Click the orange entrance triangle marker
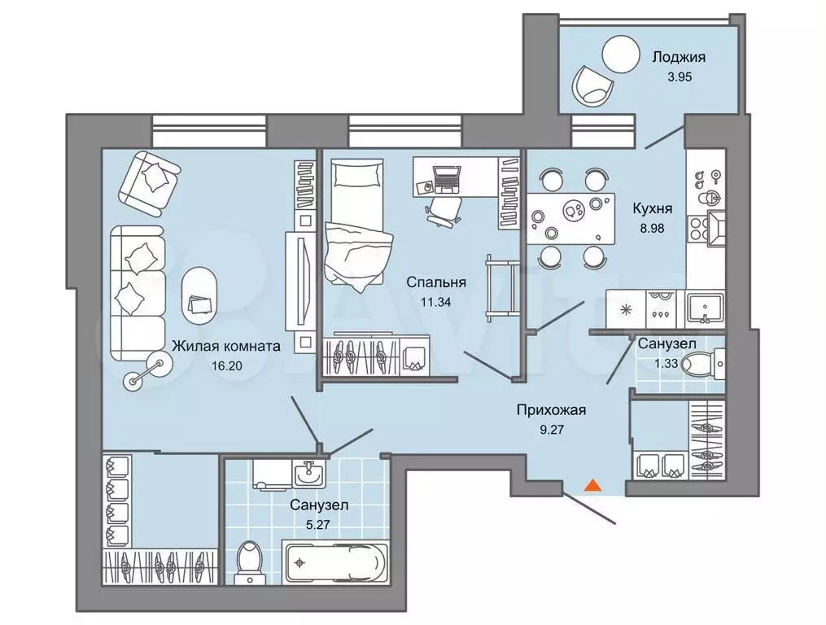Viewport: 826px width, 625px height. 593,485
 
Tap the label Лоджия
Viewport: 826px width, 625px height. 679,57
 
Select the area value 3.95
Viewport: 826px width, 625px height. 679,77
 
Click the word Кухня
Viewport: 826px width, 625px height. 652,208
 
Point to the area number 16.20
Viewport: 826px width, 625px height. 226,365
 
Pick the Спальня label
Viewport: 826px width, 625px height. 436,282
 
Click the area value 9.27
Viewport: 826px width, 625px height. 552,430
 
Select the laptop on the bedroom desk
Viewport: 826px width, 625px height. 446,179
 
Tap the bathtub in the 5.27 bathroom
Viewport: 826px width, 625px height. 334,562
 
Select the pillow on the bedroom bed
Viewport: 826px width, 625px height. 357,174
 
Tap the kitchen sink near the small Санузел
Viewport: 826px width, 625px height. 704,308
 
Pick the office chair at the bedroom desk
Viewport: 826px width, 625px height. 443,211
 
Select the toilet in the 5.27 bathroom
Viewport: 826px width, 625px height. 250,563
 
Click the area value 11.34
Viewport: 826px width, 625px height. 435,302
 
